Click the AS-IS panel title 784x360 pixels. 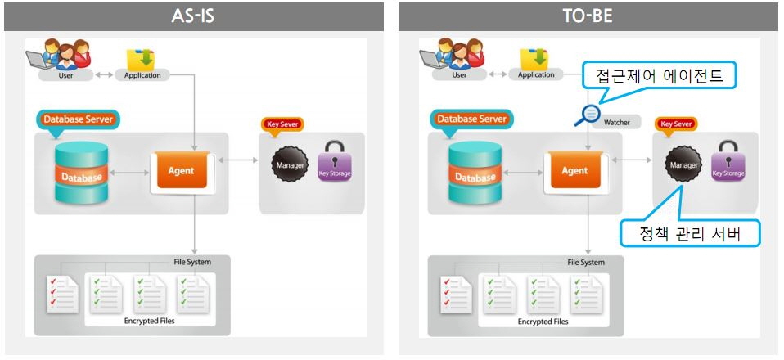point(193,16)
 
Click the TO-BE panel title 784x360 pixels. point(588,16)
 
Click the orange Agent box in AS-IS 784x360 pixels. point(181,171)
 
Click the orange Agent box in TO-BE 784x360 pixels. point(574,171)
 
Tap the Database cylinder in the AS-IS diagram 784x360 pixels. point(81,173)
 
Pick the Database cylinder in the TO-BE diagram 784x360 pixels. point(475,173)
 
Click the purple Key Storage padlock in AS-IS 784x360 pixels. point(334,163)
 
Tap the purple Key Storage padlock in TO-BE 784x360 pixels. point(728,163)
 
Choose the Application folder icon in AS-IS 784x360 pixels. point(141,59)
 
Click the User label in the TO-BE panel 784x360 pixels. point(459,75)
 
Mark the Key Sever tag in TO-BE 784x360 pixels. point(677,124)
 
